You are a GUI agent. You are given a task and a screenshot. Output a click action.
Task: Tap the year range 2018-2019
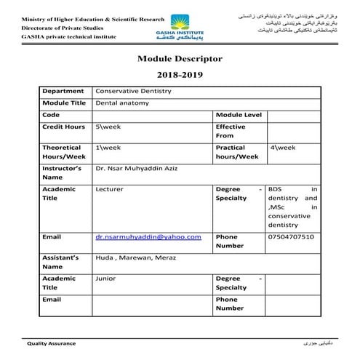(179, 75)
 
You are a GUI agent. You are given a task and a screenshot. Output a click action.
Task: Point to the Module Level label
(239, 115)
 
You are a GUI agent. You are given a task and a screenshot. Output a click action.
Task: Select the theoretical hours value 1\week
(107, 148)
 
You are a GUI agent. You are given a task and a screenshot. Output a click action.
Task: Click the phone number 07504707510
(291, 236)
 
